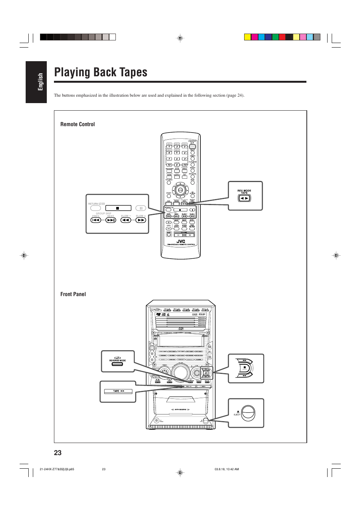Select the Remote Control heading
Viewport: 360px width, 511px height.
[x=77, y=124]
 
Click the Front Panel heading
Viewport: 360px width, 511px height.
[x=73, y=294]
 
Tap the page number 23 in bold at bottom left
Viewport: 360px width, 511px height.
[x=58, y=453]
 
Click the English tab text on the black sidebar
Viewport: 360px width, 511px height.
[x=40, y=82]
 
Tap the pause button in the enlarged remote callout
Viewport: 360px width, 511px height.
[x=141, y=208]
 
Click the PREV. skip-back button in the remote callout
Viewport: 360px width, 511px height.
[x=96, y=220]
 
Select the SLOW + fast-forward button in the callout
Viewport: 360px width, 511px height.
[x=141, y=220]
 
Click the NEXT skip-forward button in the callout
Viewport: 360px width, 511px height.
[x=111, y=220]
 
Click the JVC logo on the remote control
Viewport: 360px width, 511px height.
[x=181, y=241]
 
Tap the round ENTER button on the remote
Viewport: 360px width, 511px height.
[x=180, y=190]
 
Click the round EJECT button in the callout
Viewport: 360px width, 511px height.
[x=248, y=413]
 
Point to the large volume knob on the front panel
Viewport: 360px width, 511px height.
[x=181, y=372]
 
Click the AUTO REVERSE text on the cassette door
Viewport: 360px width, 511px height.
[x=181, y=409]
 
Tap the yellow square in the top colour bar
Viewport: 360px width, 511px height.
[x=248, y=37]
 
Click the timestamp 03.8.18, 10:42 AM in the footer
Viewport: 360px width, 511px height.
[x=226, y=469]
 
